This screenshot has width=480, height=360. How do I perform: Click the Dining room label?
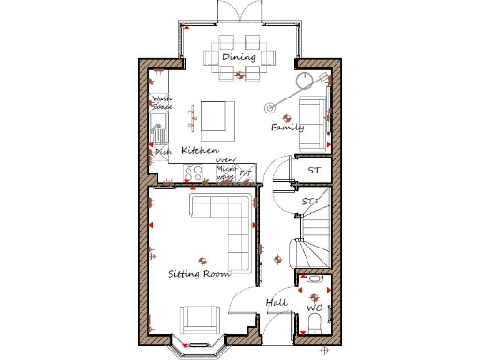click(x=239, y=58)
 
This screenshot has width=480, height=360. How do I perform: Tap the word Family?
click(x=287, y=127)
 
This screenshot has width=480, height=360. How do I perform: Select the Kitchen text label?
click(x=200, y=150)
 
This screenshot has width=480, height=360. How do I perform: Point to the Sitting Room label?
click(x=199, y=274)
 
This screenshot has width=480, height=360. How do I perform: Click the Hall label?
click(x=277, y=303)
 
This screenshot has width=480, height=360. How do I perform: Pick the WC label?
click(x=315, y=307)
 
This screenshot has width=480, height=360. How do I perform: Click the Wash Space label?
click(x=162, y=102)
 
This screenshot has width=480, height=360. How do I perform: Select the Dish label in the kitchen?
click(x=162, y=153)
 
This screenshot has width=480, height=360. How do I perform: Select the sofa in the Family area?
click(x=315, y=123)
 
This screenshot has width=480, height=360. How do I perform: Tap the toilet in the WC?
click(x=314, y=323)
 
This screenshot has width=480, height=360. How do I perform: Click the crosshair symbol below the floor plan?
click(x=324, y=351)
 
